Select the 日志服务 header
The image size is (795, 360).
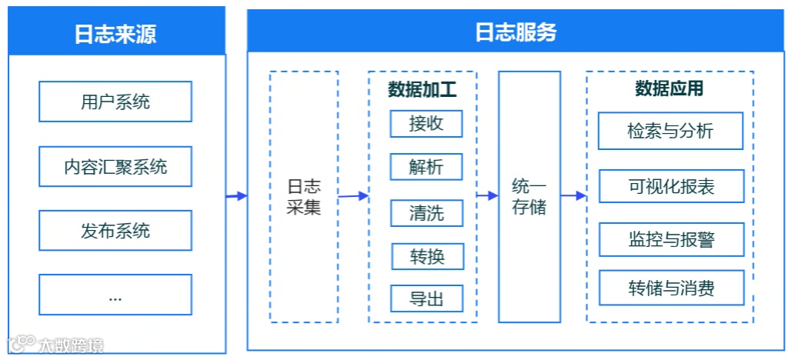[516, 32]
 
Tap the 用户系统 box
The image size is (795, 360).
[115, 102]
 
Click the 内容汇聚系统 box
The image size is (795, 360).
[115, 166]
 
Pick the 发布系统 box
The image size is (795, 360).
[115, 231]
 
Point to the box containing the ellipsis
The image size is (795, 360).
[115, 295]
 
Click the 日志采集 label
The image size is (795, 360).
[303, 197]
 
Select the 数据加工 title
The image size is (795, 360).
[422, 90]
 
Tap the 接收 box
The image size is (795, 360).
[426, 124]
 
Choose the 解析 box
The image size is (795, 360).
[426, 168]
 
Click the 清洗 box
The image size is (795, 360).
[426, 212]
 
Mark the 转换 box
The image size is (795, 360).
[426, 256]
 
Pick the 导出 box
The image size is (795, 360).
[426, 298]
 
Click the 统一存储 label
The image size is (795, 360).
[529, 197]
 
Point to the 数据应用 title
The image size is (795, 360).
[669, 89]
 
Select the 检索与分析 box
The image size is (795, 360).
[670, 131]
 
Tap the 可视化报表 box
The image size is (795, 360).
[670, 187]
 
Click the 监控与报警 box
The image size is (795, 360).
[670, 239]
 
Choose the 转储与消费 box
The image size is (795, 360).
[670, 288]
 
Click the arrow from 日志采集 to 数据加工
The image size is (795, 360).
[353, 196]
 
